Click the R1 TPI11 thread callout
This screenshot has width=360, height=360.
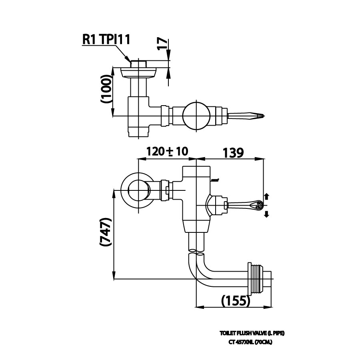(x=106, y=40)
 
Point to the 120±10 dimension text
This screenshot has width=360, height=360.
(x=167, y=152)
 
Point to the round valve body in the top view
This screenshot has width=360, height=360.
(x=196, y=116)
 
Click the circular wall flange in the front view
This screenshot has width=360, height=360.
(x=136, y=190)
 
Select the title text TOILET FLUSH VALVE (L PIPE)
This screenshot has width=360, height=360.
(x=252, y=333)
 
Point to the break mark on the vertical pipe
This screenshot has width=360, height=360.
(x=196, y=252)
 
